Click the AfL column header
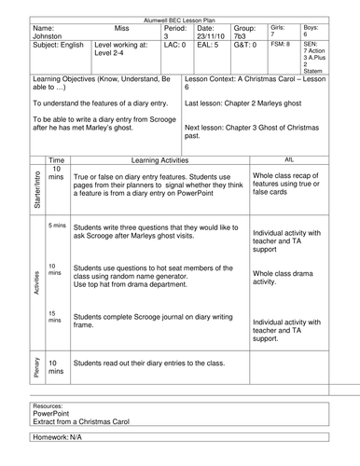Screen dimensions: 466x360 [x=290, y=159]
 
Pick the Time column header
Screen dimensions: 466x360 [x=57, y=159]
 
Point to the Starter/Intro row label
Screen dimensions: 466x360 [x=36, y=187]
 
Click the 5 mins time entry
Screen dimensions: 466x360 [x=57, y=226]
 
